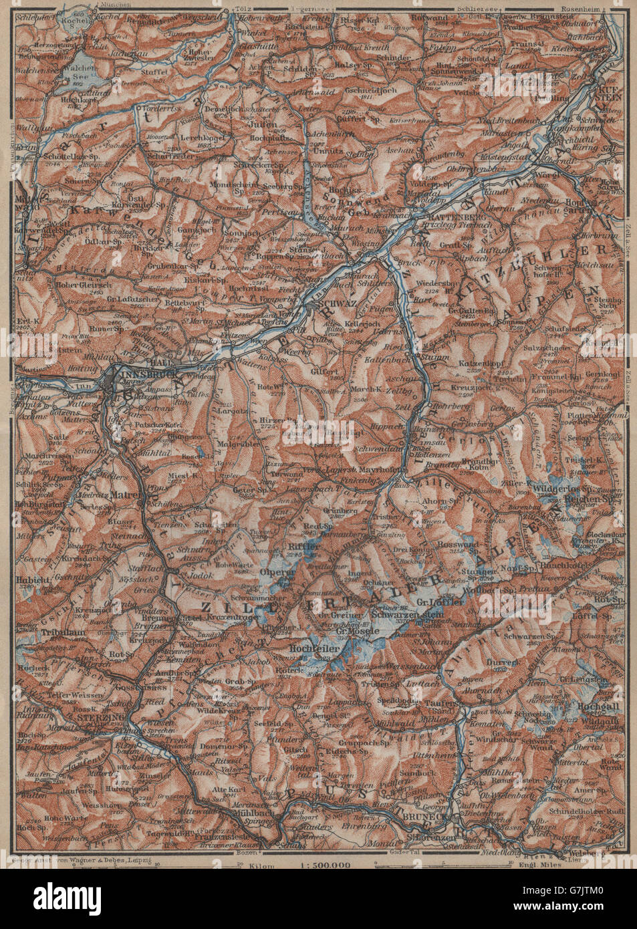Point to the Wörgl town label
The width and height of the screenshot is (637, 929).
(543, 173)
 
